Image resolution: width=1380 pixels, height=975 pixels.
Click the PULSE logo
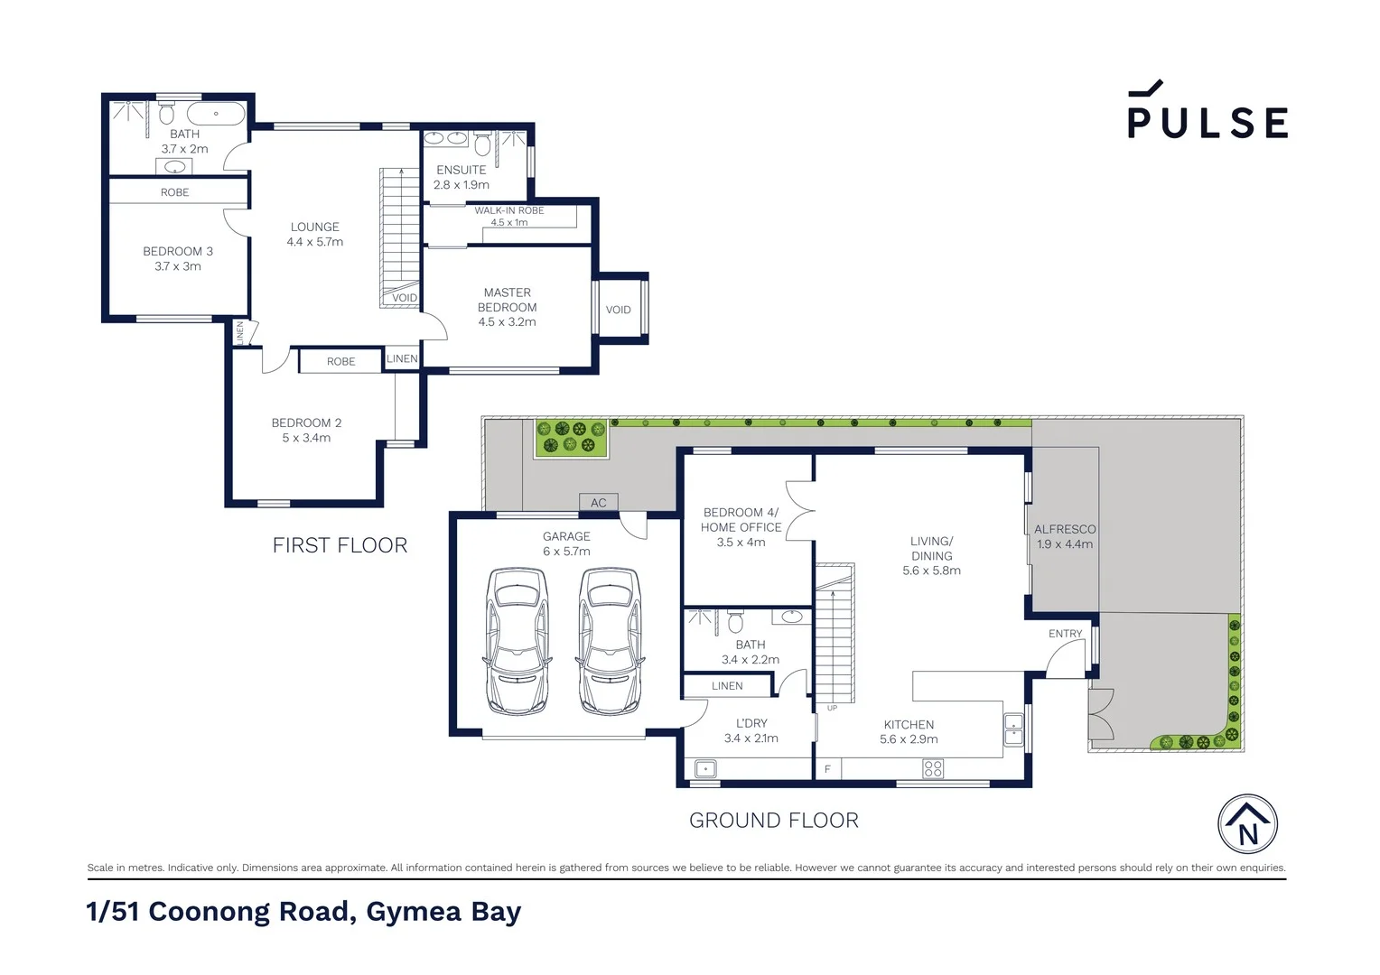[x=1207, y=112]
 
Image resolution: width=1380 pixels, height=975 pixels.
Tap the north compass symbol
[x=1247, y=824]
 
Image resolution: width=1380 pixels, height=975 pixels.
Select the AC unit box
[x=598, y=503]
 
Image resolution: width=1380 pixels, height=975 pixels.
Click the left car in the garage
[x=517, y=640]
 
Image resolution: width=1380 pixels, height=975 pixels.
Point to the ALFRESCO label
[x=1065, y=529]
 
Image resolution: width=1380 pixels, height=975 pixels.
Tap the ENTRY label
[x=1065, y=634]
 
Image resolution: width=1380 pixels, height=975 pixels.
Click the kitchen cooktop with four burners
[x=933, y=768]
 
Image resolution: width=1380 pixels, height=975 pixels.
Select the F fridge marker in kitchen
[x=827, y=769]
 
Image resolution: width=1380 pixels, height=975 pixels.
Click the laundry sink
[x=705, y=768]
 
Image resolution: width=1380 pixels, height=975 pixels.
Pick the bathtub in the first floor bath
[x=216, y=115]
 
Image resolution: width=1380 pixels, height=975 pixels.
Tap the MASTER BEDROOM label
[x=507, y=300]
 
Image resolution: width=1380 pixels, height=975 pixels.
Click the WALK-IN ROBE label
[x=509, y=210]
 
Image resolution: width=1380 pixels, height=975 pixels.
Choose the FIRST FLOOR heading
[x=340, y=545]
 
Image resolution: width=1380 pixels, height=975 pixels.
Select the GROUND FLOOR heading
[x=773, y=821]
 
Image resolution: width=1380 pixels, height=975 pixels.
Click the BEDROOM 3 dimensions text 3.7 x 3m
[x=178, y=266]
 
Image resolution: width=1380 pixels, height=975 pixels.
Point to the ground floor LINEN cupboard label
[x=727, y=686]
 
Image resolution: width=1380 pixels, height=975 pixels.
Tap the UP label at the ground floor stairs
[x=832, y=708]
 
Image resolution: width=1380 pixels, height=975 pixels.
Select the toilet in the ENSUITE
[x=482, y=144]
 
